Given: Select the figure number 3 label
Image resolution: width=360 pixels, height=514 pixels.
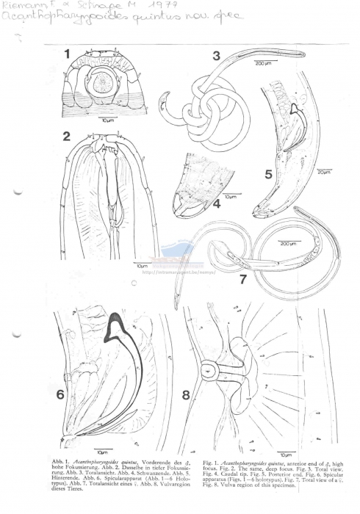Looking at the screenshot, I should click(x=216, y=56).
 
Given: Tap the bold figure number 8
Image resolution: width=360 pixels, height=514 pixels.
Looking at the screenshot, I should click(x=186, y=396).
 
